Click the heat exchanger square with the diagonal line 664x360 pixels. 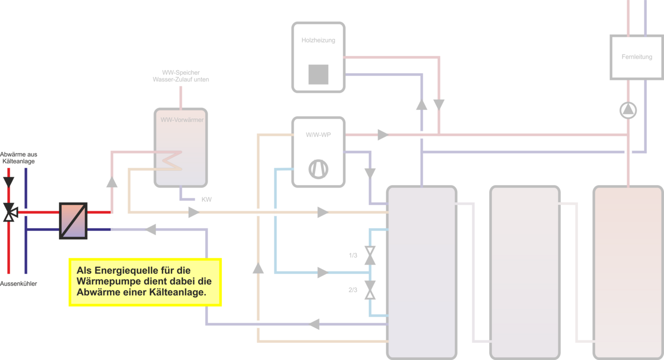73,220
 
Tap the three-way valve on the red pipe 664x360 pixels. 9,213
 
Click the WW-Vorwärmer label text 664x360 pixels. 182,120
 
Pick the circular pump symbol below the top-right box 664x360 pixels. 628,110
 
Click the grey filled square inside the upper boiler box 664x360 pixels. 318,74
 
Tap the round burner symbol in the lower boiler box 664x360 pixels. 318,169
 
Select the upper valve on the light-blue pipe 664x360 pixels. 369,255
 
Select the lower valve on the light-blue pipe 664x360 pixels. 369,289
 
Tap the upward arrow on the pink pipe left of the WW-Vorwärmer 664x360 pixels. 112,182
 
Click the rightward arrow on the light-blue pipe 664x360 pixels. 322,272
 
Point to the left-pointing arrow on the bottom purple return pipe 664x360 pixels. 314,324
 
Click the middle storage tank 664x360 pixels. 525,272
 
